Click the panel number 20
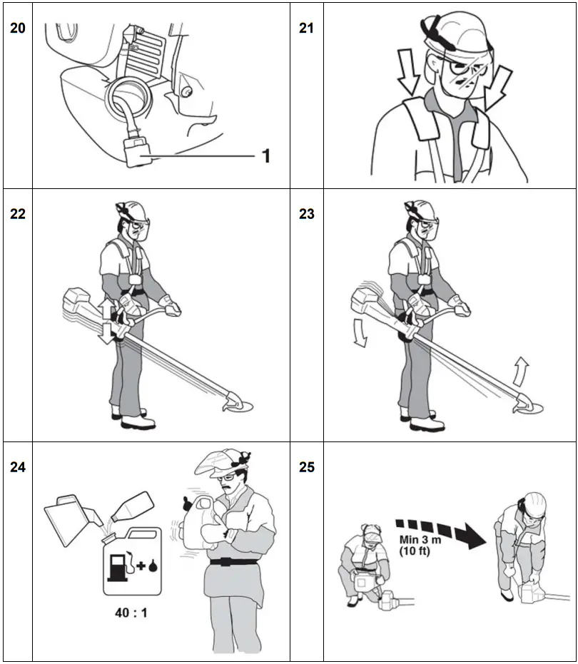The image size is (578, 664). (x=16, y=30)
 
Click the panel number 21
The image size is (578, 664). (x=306, y=30)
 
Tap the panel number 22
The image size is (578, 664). (x=16, y=213)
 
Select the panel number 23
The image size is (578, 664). (x=306, y=213)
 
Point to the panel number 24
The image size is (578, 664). (x=16, y=467)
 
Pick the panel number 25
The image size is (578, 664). (x=306, y=467)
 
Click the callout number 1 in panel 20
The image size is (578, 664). (x=265, y=155)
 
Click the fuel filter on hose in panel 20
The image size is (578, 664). (x=140, y=151)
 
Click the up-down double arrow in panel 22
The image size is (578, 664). (x=106, y=321)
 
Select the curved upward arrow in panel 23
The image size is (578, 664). (x=522, y=372)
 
